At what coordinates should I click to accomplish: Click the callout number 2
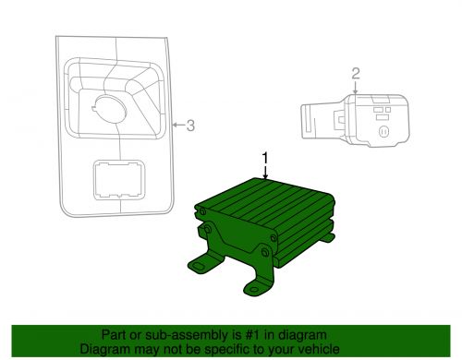(354, 73)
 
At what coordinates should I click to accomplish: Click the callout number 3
(190, 126)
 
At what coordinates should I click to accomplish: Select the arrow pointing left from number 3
(176, 126)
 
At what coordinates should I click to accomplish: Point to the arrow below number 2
(354, 89)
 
